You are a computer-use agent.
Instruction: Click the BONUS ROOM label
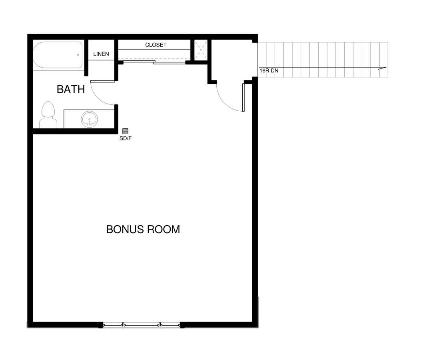point(143,230)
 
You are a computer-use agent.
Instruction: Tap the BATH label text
point(71,89)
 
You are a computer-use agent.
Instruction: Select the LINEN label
point(101,54)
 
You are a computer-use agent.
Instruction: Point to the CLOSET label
point(156,45)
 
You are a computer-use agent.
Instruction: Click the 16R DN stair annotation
point(269,71)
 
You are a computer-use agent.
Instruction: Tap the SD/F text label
point(126,138)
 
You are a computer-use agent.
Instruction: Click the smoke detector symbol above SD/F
point(126,131)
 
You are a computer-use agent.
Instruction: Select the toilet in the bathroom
point(48,115)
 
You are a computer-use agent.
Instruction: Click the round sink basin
point(90,119)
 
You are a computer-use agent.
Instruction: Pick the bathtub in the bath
point(58,55)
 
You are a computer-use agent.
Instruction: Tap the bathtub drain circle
point(78,55)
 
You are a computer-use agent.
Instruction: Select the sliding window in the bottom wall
point(142,325)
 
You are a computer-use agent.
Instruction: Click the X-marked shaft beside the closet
point(201,50)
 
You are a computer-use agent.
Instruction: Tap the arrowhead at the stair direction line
point(382,68)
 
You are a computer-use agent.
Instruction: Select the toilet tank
point(48,124)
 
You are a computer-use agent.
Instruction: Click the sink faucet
point(90,122)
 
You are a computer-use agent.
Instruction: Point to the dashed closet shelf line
point(154,58)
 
